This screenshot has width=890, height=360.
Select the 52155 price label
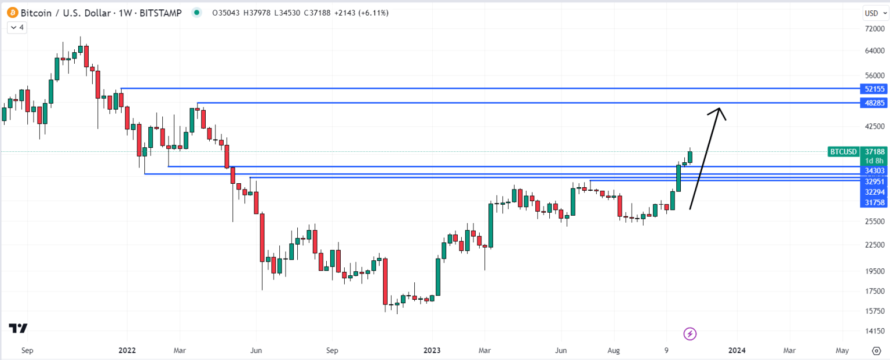click(x=874, y=89)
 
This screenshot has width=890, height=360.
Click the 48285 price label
click(x=874, y=103)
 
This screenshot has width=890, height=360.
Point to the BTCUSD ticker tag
click(x=843, y=152)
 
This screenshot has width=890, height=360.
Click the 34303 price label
click(x=874, y=171)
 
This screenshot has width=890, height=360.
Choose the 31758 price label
click(x=874, y=202)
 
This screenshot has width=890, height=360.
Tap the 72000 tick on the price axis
click(x=874, y=28)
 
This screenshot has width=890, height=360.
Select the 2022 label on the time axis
click(x=127, y=351)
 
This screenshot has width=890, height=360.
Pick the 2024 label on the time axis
click(x=736, y=351)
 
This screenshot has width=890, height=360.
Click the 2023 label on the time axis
click(x=432, y=351)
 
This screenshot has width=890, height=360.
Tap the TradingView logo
click(x=19, y=328)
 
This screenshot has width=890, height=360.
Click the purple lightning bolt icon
click(x=690, y=333)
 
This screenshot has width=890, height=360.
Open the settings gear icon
click(x=877, y=351)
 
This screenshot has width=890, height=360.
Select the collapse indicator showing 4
click(x=17, y=27)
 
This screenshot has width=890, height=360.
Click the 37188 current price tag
click(x=874, y=152)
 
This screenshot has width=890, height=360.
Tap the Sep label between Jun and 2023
click(x=331, y=351)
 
